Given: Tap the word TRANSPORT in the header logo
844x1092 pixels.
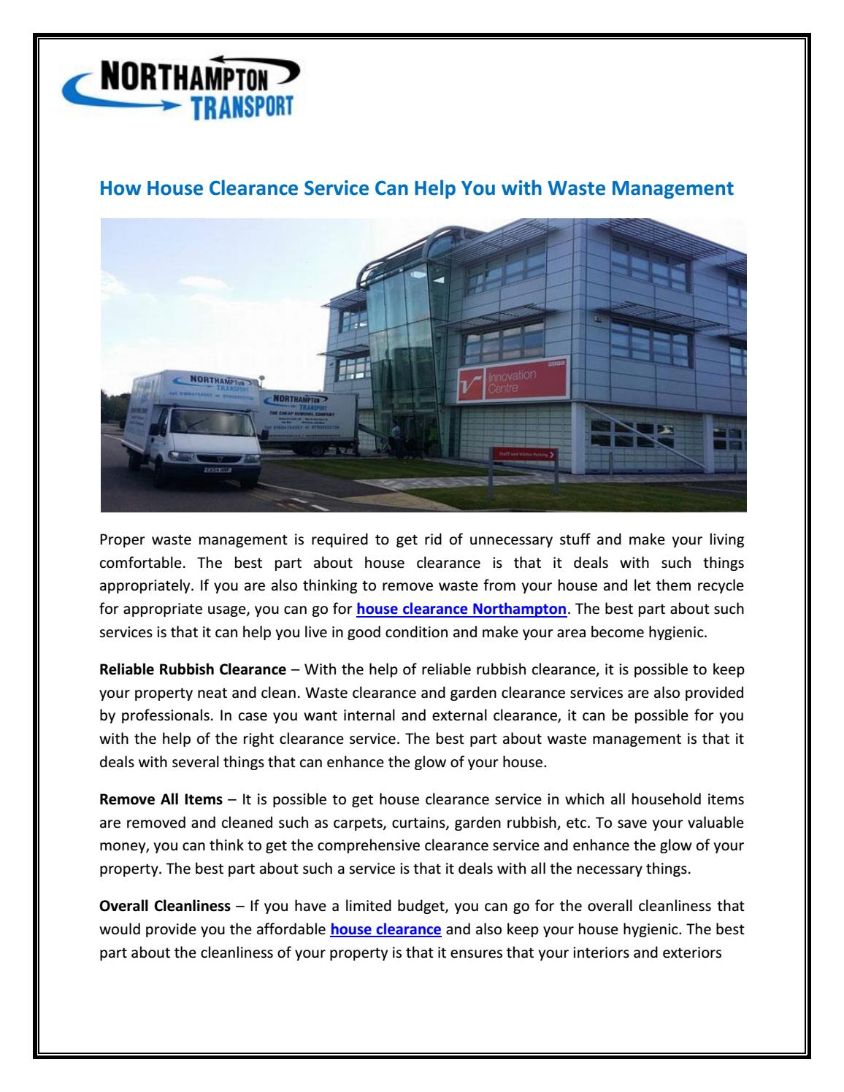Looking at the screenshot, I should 241,108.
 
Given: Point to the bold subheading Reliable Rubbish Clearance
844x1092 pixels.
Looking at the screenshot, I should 192,668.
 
